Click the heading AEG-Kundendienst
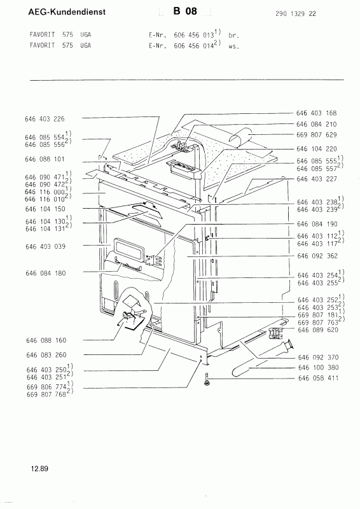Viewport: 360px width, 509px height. tap(67, 12)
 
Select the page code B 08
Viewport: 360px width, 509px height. tap(185, 11)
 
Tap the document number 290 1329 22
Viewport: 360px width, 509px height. tap(295, 13)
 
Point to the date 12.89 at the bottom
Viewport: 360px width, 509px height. tap(39, 468)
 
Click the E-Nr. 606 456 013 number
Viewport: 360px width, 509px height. tap(194, 36)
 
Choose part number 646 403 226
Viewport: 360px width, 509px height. tap(45, 119)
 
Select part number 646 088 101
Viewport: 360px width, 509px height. tap(45, 159)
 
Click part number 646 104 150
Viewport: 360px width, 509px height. tap(45, 209)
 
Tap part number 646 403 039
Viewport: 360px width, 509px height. tap(45, 247)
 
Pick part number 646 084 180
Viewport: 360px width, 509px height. tap(45, 274)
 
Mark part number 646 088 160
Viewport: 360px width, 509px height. tap(46, 340)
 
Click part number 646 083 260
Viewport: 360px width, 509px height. tap(46, 355)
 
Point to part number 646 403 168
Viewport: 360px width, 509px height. tap(317, 113)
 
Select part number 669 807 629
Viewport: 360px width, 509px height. tap(317, 135)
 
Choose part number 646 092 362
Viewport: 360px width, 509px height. tap(317, 256)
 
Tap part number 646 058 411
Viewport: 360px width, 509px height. tap(318, 378)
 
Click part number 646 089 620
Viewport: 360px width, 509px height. tap(318, 330)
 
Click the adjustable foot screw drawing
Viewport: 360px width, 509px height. tap(207, 380)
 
